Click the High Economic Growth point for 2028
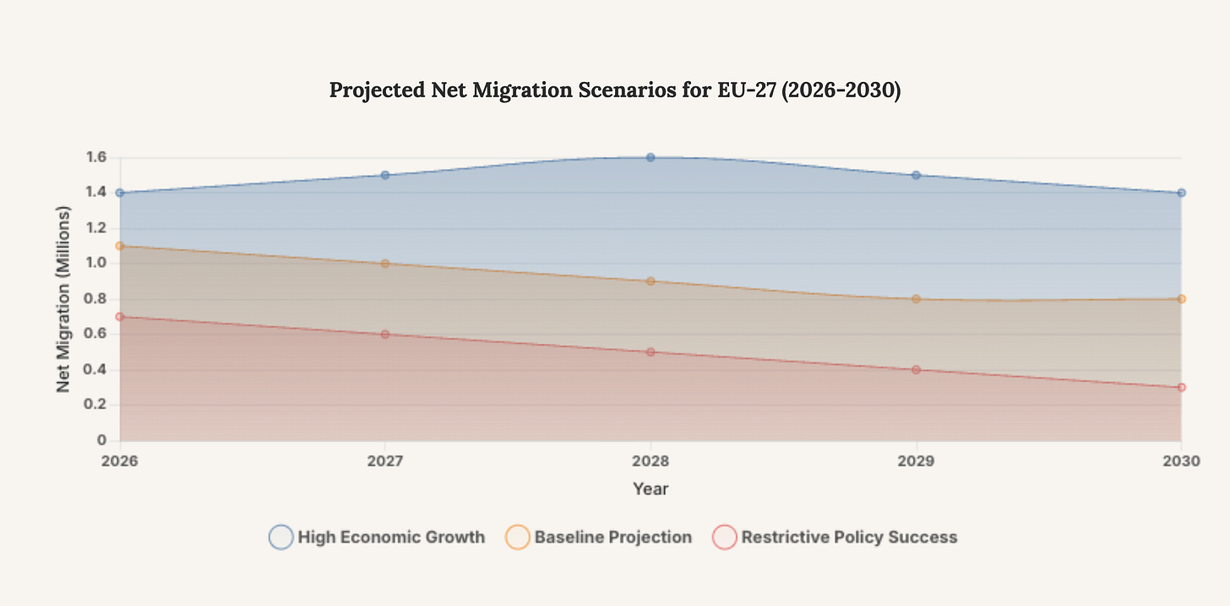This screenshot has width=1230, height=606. (650, 157)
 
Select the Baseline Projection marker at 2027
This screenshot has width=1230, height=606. (385, 264)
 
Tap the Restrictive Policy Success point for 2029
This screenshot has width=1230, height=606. (916, 369)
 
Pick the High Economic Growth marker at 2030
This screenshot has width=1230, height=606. (1181, 193)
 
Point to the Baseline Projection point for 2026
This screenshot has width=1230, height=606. (120, 246)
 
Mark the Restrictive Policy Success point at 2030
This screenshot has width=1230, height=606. (1181, 387)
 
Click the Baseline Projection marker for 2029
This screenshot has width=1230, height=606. (916, 299)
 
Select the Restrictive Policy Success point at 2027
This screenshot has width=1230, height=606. (385, 334)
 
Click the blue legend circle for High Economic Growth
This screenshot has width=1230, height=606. (281, 537)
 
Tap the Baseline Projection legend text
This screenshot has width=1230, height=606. (612, 537)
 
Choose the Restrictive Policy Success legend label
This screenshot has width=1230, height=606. (849, 537)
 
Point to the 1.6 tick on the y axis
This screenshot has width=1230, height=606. (95, 157)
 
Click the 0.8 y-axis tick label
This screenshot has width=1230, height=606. (95, 299)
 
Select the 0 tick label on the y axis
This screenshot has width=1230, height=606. (102, 440)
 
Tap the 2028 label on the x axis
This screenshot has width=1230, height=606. (650, 462)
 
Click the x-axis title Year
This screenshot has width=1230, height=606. (650, 489)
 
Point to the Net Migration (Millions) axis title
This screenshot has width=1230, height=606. (63, 299)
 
